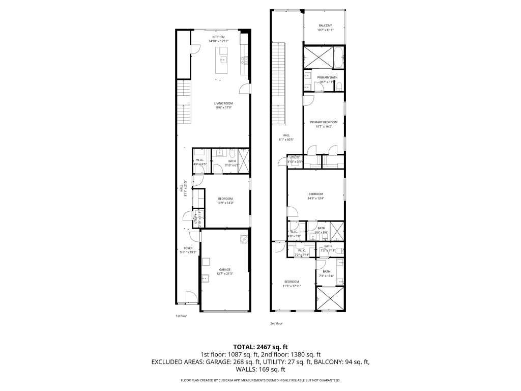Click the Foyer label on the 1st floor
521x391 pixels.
[x=188, y=249]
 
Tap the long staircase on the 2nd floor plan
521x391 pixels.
[x=279, y=84]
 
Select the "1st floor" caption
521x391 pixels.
[x=182, y=316]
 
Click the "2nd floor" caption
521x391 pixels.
[x=276, y=323]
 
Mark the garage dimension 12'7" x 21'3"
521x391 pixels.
[x=224, y=274]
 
